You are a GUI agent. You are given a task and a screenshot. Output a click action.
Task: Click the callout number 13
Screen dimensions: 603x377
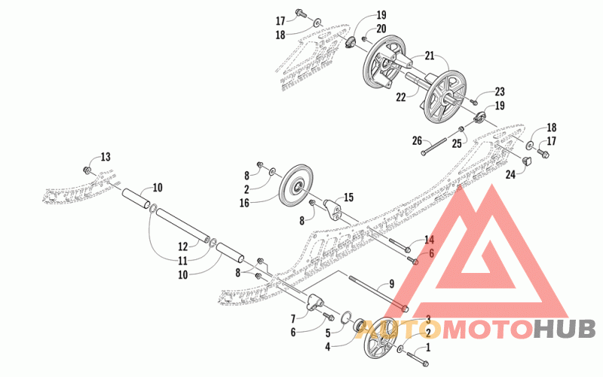pos(105,157)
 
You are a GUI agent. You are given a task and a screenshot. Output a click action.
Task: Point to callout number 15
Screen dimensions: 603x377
pos(347,198)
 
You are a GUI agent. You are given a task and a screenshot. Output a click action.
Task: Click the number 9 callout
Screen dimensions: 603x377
pos(391,284)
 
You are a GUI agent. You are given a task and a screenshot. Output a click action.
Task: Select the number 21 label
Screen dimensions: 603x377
pos(430,56)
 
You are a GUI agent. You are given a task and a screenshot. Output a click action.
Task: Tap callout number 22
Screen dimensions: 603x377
pos(401,96)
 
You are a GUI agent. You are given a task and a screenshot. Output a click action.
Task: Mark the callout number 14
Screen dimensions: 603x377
pos(430,240)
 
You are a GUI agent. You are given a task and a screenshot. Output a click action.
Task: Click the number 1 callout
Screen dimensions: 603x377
pos(428,348)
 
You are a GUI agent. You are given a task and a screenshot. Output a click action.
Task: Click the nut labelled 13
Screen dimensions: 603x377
pos(88,172)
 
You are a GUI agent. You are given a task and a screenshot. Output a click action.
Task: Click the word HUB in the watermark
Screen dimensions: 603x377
pos(565,329)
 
